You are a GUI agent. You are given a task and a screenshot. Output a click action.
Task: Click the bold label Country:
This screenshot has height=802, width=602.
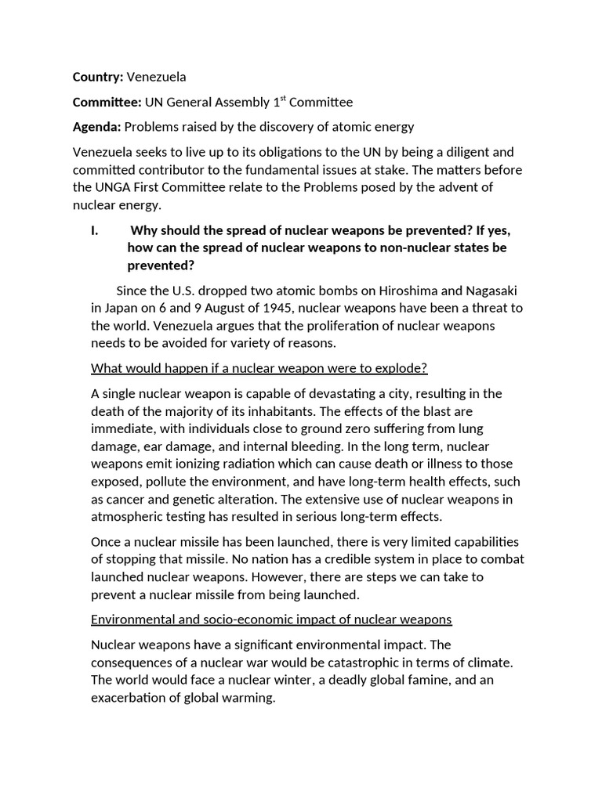(x=98, y=77)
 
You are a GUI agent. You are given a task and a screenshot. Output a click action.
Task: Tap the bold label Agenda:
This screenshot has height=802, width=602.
(x=97, y=127)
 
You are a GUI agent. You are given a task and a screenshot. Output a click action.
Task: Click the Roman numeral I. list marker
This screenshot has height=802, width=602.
(x=96, y=230)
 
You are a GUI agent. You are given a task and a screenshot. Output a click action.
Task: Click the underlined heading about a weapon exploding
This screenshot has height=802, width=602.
(x=259, y=368)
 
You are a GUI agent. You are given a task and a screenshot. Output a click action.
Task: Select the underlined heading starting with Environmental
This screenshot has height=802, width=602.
(x=271, y=619)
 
